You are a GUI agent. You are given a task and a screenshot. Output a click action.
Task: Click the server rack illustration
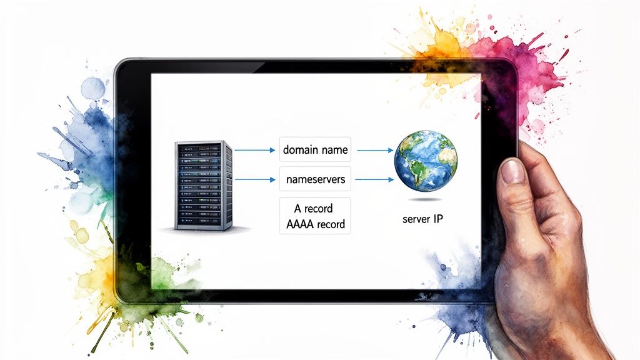coord(203,186)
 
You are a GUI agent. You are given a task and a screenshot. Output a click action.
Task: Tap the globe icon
coord(426,161)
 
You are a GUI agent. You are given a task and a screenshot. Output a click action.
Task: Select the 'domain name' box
coord(316,150)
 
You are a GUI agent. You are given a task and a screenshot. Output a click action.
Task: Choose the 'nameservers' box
coord(316,179)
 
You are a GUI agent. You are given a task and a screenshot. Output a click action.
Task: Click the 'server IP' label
coord(426,219)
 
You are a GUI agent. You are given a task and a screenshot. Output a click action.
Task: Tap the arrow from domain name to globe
coord(374,151)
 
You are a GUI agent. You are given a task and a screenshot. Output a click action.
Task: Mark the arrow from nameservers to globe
coord(374,180)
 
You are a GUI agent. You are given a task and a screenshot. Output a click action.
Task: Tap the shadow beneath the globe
coord(426,199)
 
